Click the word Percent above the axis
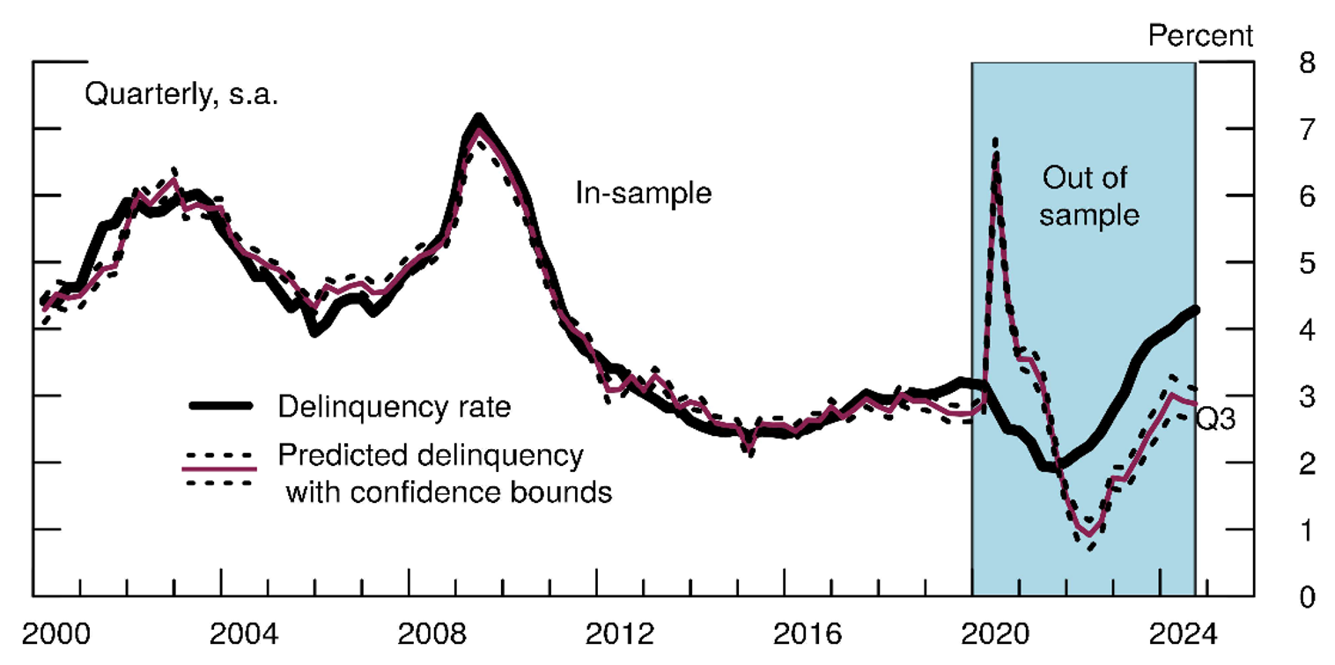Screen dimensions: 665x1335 [1200, 35]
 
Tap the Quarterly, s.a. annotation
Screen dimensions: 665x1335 [181, 93]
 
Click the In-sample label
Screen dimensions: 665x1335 [643, 193]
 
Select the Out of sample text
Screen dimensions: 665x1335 [1088, 196]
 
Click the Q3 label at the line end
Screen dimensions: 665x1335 [1215, 420]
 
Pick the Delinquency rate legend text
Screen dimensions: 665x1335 [394, 406]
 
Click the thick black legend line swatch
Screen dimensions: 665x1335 [221, 406]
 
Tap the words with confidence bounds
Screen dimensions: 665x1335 [448, 491]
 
